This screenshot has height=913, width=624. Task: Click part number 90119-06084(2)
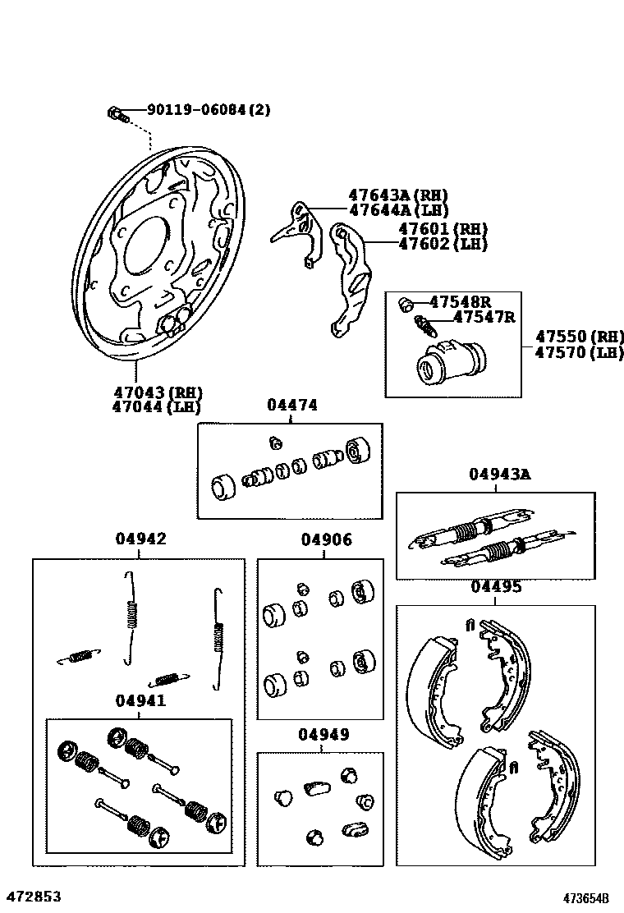(x=209, y=110)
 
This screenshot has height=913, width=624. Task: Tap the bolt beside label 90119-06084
(x=115, y=112)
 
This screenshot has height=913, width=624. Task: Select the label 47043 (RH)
(x=157, y=392)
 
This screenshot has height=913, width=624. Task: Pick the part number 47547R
(x=484, y=317)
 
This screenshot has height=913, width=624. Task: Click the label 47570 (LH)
(x=580, y=352)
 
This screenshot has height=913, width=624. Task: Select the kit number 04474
(x=291, y=405)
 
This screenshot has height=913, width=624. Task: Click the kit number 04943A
(x=500, y=474)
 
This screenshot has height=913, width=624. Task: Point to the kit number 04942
(x=140, y=539)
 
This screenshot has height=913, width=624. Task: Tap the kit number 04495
(x=496, y=586)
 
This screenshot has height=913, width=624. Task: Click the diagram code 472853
(x=34, y=897)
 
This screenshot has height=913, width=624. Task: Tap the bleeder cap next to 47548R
(x=405, y=305)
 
